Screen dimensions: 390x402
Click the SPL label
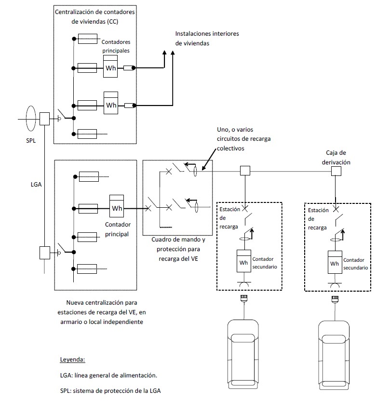[x=31, y=140]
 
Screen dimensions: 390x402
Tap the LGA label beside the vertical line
[x=36, y=184]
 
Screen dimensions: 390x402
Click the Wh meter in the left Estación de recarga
[x=243, y=261]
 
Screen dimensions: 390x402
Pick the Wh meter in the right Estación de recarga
[x=335, y=262]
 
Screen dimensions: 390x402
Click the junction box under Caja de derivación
[x=336, y=171]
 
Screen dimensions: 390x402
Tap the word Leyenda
[x=73, y=360]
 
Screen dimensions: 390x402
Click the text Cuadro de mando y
[x=178, y=240]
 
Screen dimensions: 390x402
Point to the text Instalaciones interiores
[x=207, y=34]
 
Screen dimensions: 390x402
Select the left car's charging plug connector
[x=243, y=298]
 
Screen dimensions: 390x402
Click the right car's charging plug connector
[x=335, y=299]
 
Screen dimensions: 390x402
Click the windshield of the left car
[x=243, y=338]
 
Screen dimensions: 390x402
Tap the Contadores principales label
[x=116, y=46]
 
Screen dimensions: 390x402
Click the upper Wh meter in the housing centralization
[x=110, y=66]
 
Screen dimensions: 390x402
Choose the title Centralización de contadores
[x=95, y=12]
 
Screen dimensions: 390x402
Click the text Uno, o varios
[x=235, y=130]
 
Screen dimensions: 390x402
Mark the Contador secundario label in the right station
[x=355, y=264]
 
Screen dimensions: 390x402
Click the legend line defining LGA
[x=108, y=375]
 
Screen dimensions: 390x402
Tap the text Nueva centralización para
[x=102, y=303]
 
